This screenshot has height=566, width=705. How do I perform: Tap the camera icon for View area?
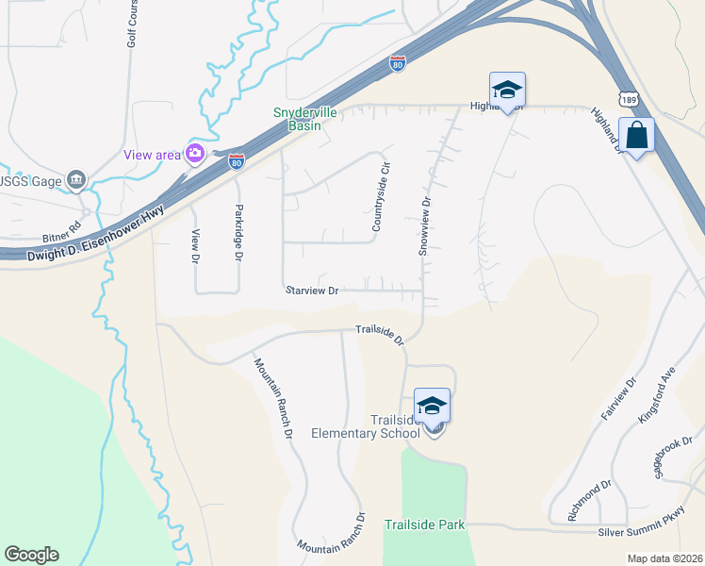click(x=196, y=154)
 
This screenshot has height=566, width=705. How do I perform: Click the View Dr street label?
click(x=196, y=245)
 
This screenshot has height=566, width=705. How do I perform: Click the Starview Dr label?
click(x=311, y=291)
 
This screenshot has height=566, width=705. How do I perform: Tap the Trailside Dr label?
click(x=379, y=333)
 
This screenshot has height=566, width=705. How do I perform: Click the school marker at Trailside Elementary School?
click(x=432, y=407)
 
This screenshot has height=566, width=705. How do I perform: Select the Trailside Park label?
click(x=424, y=524)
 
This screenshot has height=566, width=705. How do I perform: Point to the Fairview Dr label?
click(x=620, y=400)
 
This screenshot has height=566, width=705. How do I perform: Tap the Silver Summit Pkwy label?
click(x=650, y=533)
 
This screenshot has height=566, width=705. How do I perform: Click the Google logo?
click(x=31, y=555)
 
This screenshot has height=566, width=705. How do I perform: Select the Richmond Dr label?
click(x=590, y=501)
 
